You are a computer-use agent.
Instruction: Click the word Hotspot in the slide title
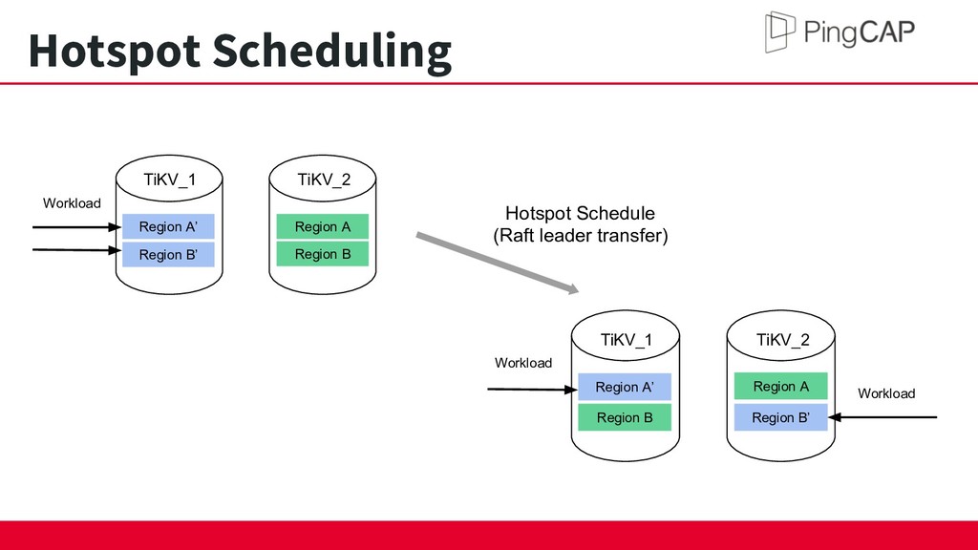click(115, 52)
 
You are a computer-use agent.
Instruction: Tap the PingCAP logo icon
click(779, 32)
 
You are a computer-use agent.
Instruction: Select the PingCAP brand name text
click(860, 32)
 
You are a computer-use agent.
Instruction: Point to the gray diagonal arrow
click(497, 262)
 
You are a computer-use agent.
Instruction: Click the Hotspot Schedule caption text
click(580, 213)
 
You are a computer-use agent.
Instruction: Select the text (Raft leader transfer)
click(581, 236)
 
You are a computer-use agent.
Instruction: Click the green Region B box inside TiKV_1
click(625, 417)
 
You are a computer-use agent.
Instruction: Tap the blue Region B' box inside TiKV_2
click(781, 417)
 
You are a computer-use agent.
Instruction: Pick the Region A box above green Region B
click(323, 226)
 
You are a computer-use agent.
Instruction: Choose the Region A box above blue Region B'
click(781, 386)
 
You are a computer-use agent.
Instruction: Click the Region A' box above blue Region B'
click(168, 226)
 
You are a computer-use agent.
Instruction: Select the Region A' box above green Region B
click(625, 387)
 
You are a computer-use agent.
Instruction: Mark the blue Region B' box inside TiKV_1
click(168, 254)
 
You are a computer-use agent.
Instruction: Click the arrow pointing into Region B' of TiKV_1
click(76, 250)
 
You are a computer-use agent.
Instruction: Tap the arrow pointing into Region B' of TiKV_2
click(882, 417)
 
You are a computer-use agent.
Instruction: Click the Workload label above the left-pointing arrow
click(886, 393)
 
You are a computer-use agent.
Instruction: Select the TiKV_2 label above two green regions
click(324, 180)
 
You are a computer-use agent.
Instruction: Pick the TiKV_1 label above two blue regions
click(170, 180)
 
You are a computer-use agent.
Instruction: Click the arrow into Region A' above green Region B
click(532, 390)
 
